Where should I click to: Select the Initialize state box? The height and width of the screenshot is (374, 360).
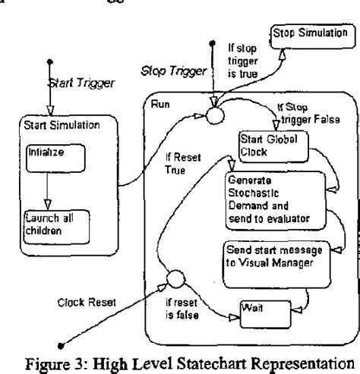click(x=49, y=159)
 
